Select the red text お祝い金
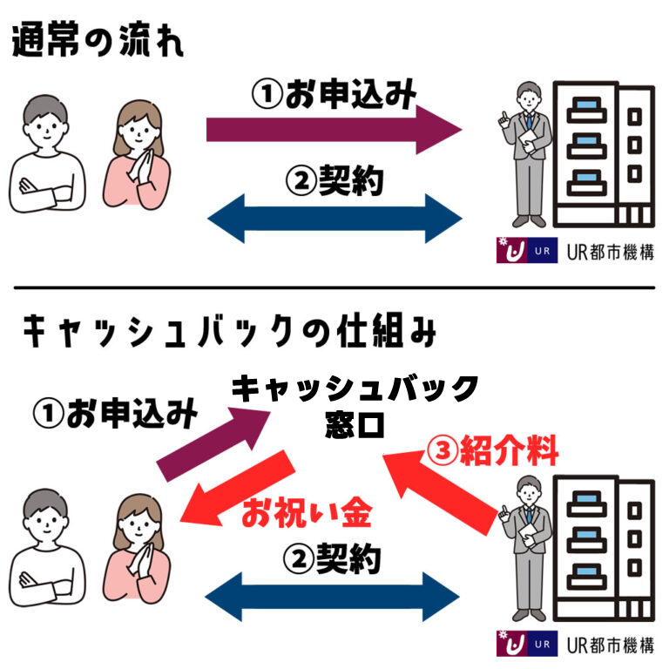[x=307, y=514]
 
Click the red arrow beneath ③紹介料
[x=444, y=492]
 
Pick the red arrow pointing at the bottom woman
[x=235, y=492]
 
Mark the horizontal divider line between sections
[x=334, y=287]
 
